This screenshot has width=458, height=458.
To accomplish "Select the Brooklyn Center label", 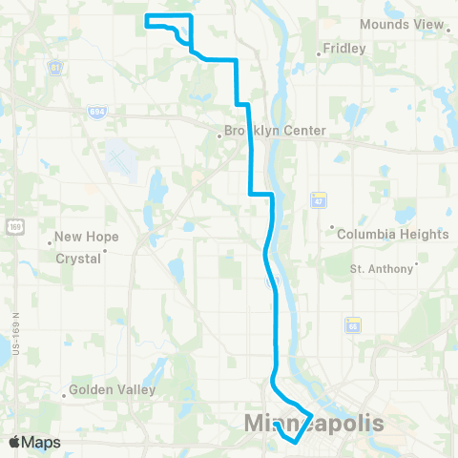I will (275, 131).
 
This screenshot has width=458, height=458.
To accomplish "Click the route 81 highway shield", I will (55, 68).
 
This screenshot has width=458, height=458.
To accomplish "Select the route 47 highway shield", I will (318, 200).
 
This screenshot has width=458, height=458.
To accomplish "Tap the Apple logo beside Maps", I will (16, 442).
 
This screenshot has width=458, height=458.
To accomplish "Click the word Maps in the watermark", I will (41, 443).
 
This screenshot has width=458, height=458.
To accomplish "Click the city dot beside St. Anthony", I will (417, 267).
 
